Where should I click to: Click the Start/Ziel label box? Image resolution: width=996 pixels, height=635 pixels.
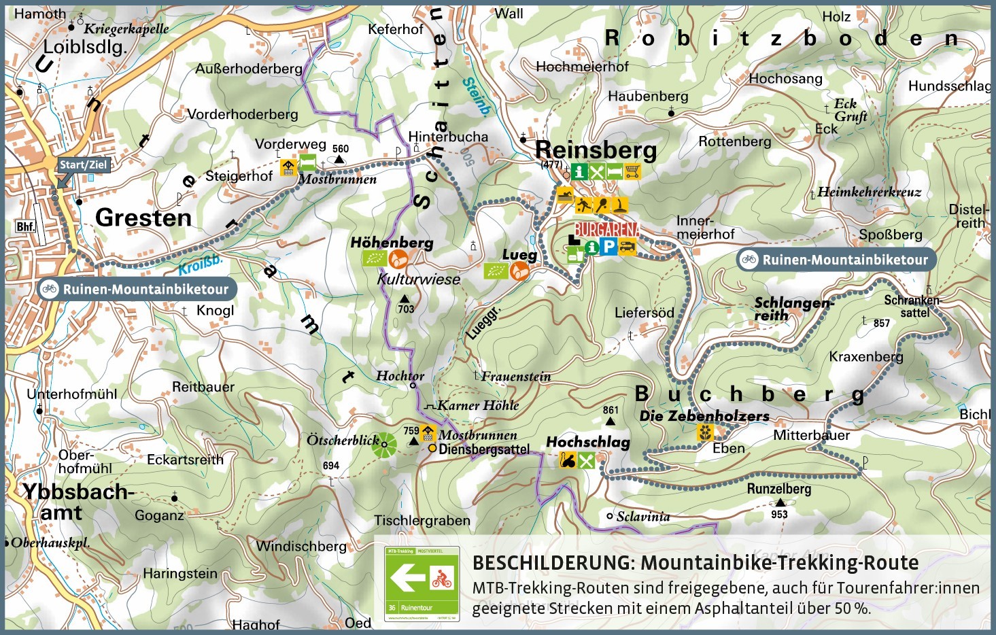pos(83,165)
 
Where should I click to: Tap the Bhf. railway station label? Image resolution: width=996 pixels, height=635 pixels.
pos(25,226)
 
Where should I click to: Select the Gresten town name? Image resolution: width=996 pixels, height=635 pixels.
pos(143,218)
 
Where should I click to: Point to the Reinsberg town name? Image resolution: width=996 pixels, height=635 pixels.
pos(596,150)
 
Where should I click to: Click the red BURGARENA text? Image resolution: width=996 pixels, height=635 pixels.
pos(606,229)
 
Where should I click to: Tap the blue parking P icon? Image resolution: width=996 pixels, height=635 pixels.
pos(609,247)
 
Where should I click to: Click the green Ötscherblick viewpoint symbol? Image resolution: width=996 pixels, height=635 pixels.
pos(384,445)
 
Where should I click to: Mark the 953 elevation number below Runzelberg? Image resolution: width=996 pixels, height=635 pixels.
pos(779,514)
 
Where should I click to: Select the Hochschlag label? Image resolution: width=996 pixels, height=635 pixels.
pos(588,442)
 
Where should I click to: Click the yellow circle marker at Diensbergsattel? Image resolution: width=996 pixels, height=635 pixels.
pos(432,449)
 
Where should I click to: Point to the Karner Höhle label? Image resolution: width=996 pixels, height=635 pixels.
pos(477,405)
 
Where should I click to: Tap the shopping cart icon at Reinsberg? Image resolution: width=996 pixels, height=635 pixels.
pos(632,171)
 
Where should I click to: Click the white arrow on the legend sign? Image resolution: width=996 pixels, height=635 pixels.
pos(406,580)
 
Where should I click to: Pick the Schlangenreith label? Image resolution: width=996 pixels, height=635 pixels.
pos(792,309)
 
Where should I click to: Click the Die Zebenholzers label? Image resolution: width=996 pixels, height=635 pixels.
pos(704,415)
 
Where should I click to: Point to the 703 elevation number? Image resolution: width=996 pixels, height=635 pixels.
pos(406,309)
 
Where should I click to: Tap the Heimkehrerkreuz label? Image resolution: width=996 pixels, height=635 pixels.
pos(869,192)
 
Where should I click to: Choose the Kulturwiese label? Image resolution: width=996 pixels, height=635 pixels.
pos(419,279)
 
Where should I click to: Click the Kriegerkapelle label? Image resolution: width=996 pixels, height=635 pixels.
pos(126,29)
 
